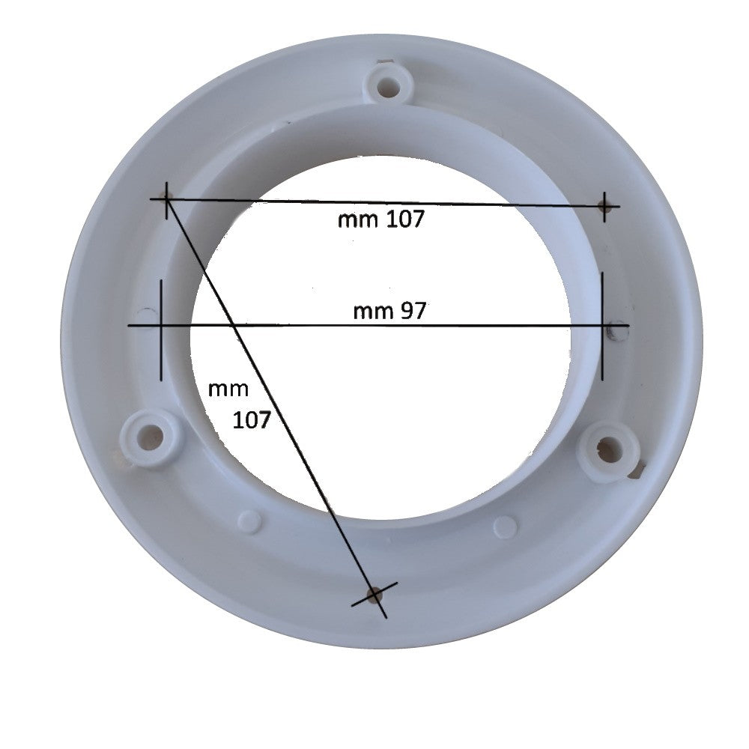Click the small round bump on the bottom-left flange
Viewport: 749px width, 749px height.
pos(249,521)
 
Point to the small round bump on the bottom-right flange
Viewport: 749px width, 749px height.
pos(506,526)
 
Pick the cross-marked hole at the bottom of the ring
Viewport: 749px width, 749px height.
pos(374,595)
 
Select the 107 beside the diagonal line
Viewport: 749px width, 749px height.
pos(252,419)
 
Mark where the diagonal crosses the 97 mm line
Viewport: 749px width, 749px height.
pos(234,325)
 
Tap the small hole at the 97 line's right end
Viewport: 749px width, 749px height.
pos(616,327)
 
